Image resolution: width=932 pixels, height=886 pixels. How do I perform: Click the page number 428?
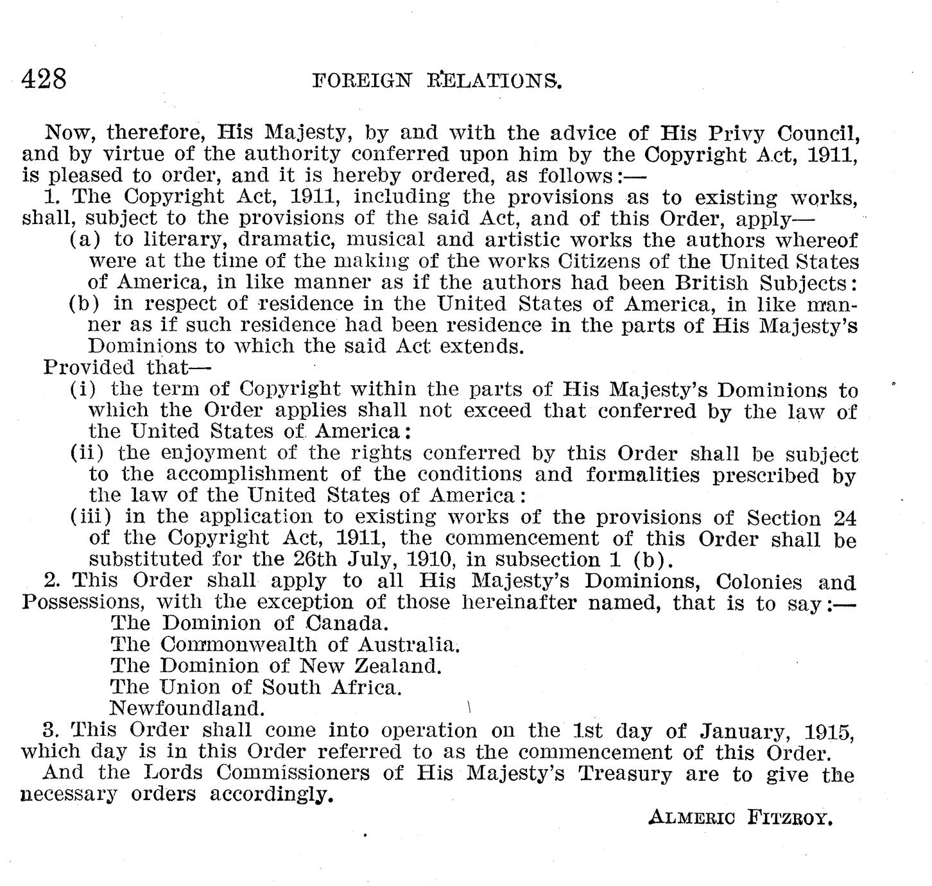pos(44,79)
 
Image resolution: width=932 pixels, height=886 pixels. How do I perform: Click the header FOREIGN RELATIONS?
pos(436,80)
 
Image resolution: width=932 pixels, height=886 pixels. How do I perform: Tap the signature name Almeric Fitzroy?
pos(741,818)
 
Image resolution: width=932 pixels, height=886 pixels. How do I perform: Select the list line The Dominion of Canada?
pos(250,623)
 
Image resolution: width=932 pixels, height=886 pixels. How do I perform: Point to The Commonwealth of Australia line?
pos(286,644)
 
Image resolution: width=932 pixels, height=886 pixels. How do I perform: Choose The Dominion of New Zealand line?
pos(277,665)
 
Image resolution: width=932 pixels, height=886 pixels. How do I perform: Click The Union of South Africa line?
pos(256,687)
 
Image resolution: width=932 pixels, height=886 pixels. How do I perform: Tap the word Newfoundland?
pos(187,708)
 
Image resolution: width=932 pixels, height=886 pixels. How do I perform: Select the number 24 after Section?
pos(844,517)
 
